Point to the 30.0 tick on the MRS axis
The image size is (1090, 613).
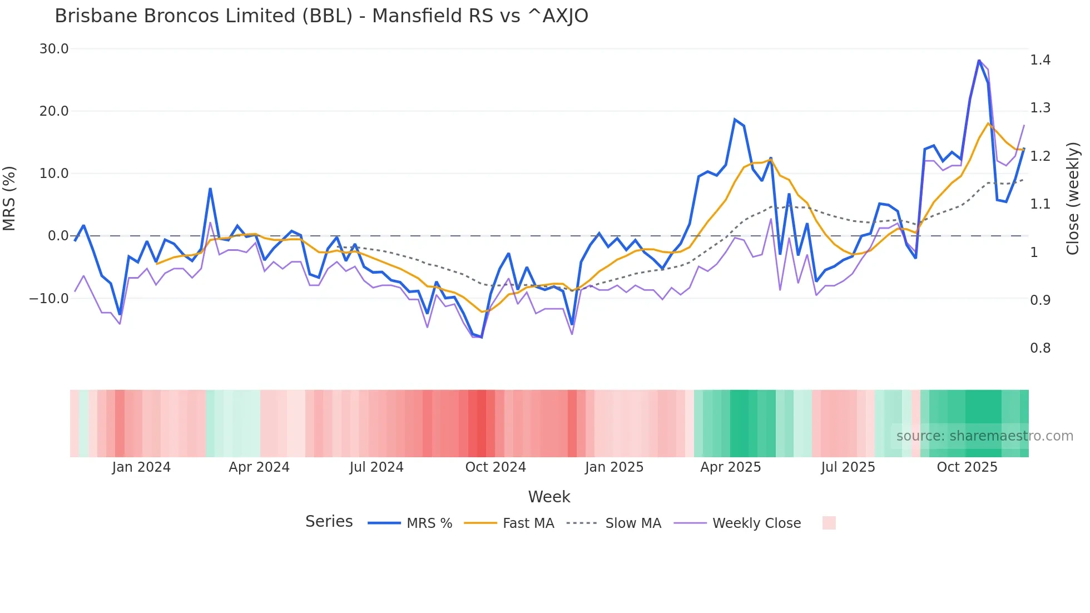tap(54, 49)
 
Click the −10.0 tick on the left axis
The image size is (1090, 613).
tap(49, 299)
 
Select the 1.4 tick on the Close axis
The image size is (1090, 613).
tap(1040, 60)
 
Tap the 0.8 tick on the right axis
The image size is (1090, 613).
tap(1040, 348)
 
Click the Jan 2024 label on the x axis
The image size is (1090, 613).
tap(141, 467)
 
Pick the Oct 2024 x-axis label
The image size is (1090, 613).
tap(496, 467)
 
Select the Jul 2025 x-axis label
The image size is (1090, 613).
tap(848, 467)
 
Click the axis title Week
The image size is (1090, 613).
tap(549, 497)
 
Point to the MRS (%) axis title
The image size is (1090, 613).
tap(9, 199)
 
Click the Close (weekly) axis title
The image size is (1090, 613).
tap(1073, 199)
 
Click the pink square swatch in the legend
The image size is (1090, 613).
tap(829, 523)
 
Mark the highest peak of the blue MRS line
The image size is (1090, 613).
tap(979, 61)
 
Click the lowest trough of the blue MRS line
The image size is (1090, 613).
tap(481, 337)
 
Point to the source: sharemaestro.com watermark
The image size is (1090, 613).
tap(984, 436)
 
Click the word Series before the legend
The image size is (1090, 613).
tap(329, 522)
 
